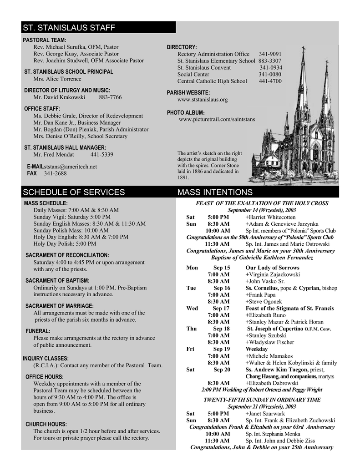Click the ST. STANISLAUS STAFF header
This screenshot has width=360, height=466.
point(69,28)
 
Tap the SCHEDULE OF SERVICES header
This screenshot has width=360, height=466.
point(74,192)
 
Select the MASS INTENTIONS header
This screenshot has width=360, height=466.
point(215,192)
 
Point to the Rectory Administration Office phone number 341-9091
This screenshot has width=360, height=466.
point(270,54)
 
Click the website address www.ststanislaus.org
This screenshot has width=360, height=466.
point(203,99)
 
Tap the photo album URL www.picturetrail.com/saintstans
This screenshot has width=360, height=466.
point(217,119)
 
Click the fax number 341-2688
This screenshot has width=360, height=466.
point(55,173)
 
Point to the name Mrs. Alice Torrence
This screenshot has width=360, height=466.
point(57,79)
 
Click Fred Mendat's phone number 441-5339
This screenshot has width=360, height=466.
point(101,155)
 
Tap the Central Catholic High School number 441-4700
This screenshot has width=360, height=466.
point(270,81)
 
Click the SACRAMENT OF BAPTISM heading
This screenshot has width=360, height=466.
point(57,281)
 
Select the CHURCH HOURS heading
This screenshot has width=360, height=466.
point(46,424)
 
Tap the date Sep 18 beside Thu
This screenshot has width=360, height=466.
point(221,329)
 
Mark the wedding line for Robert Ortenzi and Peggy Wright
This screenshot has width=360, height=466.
point(262,390)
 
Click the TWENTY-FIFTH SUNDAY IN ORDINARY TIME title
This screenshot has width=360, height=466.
point(262,400)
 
